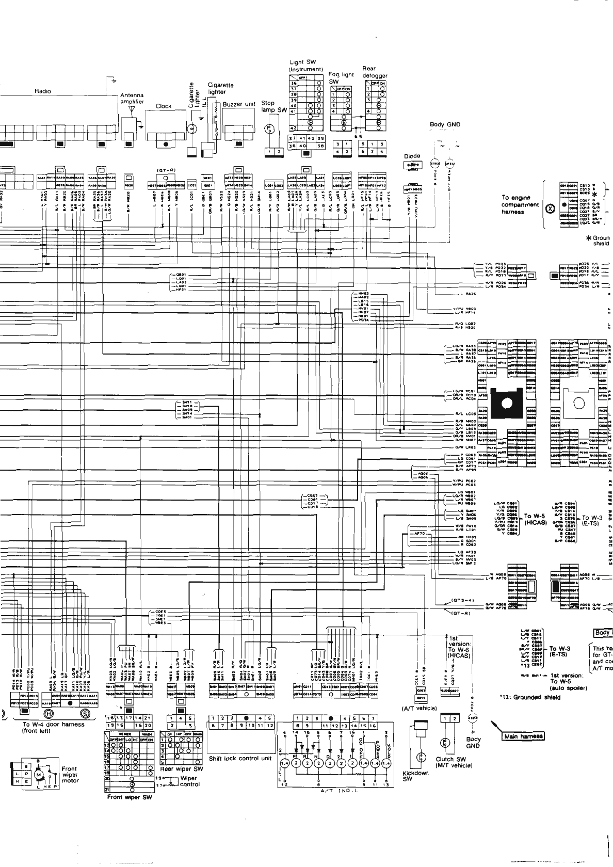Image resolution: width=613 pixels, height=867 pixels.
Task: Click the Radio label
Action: point(43,91)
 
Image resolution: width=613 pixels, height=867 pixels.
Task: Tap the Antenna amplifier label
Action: point(132,99)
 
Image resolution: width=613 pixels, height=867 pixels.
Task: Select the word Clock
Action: point(164,106)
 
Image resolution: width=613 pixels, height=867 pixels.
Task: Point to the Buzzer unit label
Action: point(239,104)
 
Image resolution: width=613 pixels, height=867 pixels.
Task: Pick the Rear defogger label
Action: point(374,72)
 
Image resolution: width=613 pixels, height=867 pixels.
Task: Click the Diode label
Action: point(412,156)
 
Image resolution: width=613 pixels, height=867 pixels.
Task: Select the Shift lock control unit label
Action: point(240,759)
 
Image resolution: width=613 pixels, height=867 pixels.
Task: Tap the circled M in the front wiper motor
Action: point(39,775)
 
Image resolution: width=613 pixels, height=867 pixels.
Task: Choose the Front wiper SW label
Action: point(130,797)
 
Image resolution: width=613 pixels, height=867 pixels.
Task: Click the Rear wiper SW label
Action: point(182,769)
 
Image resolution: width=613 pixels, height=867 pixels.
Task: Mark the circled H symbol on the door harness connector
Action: point(49,714)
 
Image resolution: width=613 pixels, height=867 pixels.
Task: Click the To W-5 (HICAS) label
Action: point(535,519)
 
